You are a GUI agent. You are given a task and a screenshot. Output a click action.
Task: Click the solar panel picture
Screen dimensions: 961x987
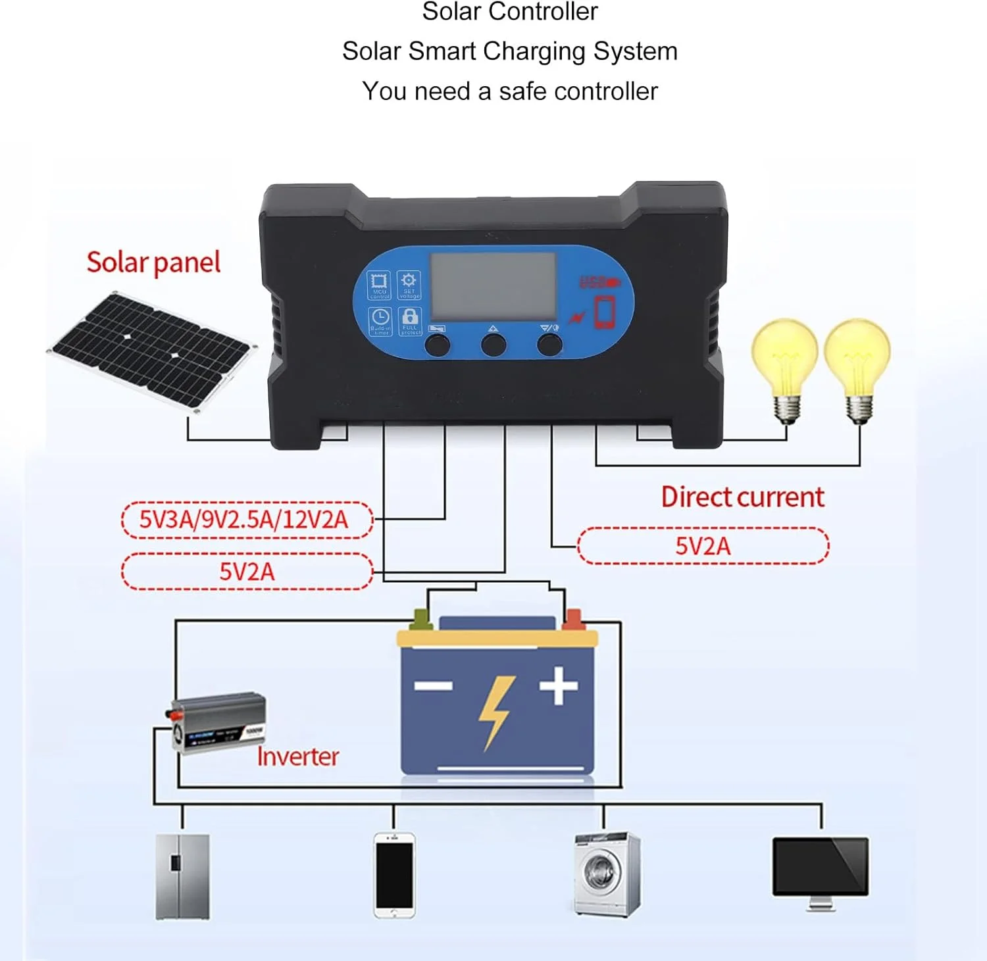coord(151,351)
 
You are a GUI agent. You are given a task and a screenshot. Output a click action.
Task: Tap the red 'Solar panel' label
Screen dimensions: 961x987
coord(153,262)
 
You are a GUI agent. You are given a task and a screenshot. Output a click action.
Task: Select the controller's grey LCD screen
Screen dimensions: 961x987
coord(493,287)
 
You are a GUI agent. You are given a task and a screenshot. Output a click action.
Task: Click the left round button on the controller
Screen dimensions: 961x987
coord(437,345)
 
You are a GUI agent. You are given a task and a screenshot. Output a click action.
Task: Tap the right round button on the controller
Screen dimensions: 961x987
coord(549,345)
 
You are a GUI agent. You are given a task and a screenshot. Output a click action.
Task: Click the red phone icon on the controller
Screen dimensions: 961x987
coord(605,312)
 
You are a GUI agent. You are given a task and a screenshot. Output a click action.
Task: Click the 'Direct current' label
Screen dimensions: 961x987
coord(742,497)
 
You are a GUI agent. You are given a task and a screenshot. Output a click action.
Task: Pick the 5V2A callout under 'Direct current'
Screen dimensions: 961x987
coord(703,546)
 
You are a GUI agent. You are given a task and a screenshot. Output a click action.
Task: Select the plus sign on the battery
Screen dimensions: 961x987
coord(559,685)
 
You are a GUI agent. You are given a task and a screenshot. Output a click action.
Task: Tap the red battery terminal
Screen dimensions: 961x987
coord(573,619)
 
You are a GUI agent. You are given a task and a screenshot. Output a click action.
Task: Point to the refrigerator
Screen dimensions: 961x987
coord(182,876)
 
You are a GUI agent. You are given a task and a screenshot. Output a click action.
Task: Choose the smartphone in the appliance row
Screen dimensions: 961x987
coord(394,875)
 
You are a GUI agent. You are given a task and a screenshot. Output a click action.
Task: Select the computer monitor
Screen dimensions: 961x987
coord(821,868)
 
